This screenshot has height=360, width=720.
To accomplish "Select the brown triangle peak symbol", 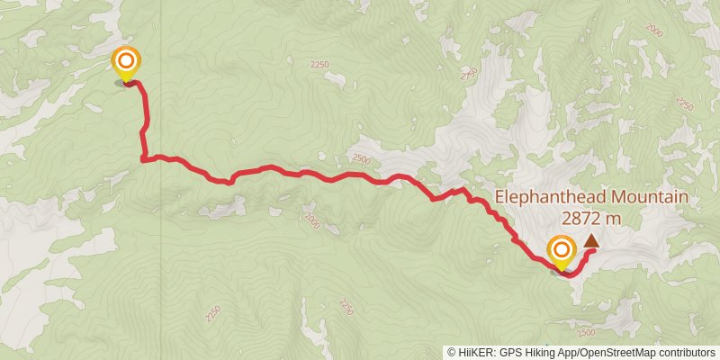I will (x=591, y=240).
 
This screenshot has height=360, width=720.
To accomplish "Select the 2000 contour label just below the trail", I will (x=312, y=220).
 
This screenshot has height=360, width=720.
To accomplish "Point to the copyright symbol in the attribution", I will (x=452, y=352).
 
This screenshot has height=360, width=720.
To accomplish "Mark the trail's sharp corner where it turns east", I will (x=144, y=160).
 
